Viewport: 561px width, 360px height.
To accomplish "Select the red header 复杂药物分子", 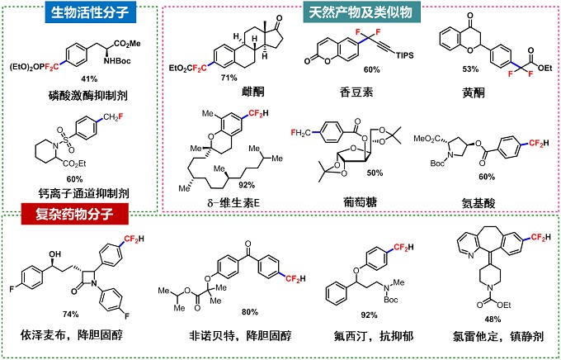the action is pyautogui.click(x=75, y=214).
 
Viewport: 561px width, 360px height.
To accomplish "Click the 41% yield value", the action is pyautogui.click(x=89, y=78).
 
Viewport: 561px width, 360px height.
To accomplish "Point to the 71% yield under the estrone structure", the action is pyautogui.click(x=229, y=78).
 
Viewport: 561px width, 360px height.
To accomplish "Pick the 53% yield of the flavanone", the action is pyautogui.click(x=470, y=69).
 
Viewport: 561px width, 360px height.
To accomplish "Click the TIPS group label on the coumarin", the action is pyautogui.click(x=404, y=55).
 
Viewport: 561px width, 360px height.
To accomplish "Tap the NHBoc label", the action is pyautogui.click(x=117, y=61).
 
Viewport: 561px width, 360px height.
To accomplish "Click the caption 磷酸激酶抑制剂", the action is pyautogui.click(x=88, y=95).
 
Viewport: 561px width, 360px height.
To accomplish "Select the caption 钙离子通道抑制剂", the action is pyautogui.click(x=83, y=193).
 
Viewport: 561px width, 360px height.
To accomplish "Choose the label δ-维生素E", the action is pyautogui.click(x=233, y=203).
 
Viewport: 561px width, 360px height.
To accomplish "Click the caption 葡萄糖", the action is pyautogui.click(x=360, y=202).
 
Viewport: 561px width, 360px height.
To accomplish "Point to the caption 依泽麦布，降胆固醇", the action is pyautogui.click(x=72, y=335).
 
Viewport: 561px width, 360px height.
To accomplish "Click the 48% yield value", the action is pyautogui.click(x=493, y=319).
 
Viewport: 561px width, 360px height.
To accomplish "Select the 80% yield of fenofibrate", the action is pyautogui.click(x=250, y=312).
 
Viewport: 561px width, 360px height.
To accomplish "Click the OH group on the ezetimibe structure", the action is pyautogui.click(x=54, y=254).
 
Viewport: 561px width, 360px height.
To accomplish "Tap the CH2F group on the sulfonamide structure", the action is pyautogui.click(x=113, y=116).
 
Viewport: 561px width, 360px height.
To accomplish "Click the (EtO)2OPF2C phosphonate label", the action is pyautogui.click(x=35, y=68).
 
